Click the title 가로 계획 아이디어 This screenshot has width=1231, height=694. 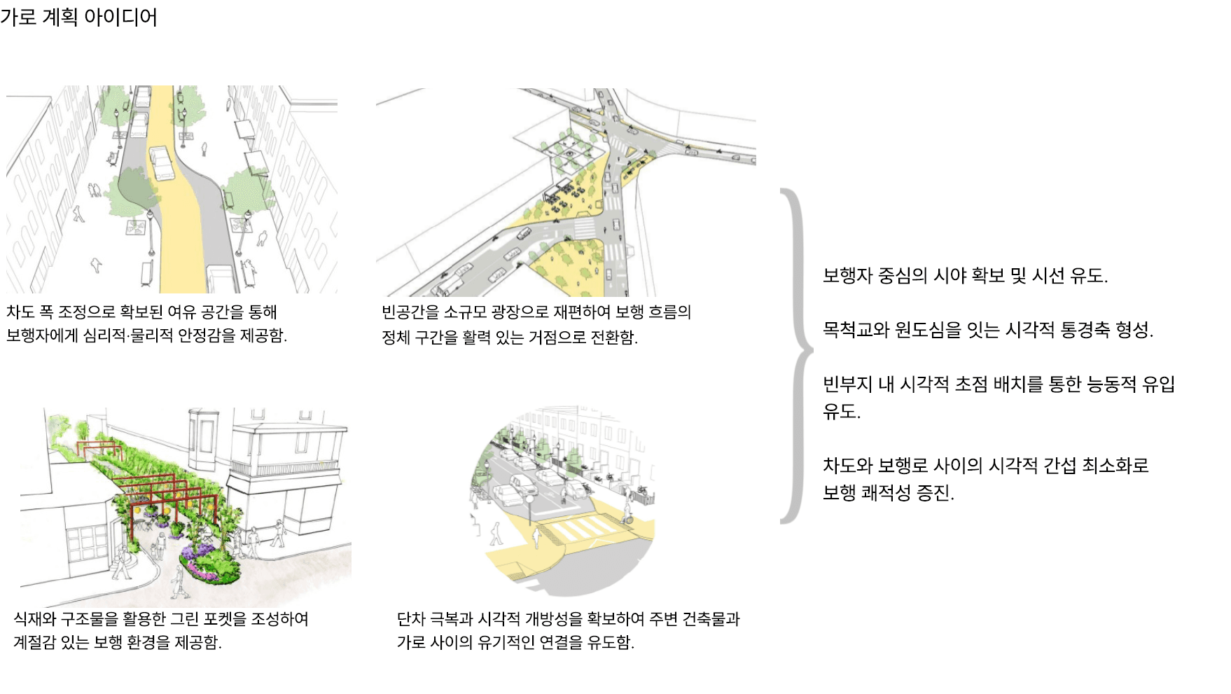pyautogui.click(x=78, y=16)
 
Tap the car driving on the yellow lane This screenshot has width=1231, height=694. pyautogui.click(x=161, y=163)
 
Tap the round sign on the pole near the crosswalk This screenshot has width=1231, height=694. pyautogui.click(x=530, y=497)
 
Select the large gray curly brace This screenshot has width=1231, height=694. pyautogui.click(x=795, y=356)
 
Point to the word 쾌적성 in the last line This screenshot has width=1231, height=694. pyautogui.click(x=886, y=493)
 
